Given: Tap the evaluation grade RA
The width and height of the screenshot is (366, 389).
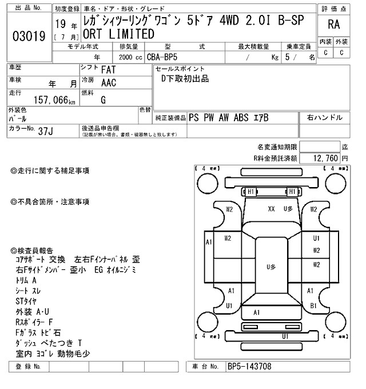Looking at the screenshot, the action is pos(333,25).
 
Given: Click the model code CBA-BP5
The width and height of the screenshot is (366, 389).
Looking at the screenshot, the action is pos(162,57).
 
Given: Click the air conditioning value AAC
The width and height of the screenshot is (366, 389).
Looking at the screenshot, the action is pos(109,83).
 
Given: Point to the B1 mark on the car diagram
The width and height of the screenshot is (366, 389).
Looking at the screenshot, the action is pos(313,305).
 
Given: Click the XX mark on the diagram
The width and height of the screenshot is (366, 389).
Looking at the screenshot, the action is pos(272,209).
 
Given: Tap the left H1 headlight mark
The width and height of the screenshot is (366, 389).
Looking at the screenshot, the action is pos(250,192).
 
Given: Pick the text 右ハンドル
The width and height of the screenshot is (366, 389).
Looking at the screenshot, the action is pos(324,117).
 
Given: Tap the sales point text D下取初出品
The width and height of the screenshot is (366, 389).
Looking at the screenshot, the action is pos(185,79).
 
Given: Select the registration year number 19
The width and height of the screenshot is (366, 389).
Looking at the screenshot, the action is pos(61,25).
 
